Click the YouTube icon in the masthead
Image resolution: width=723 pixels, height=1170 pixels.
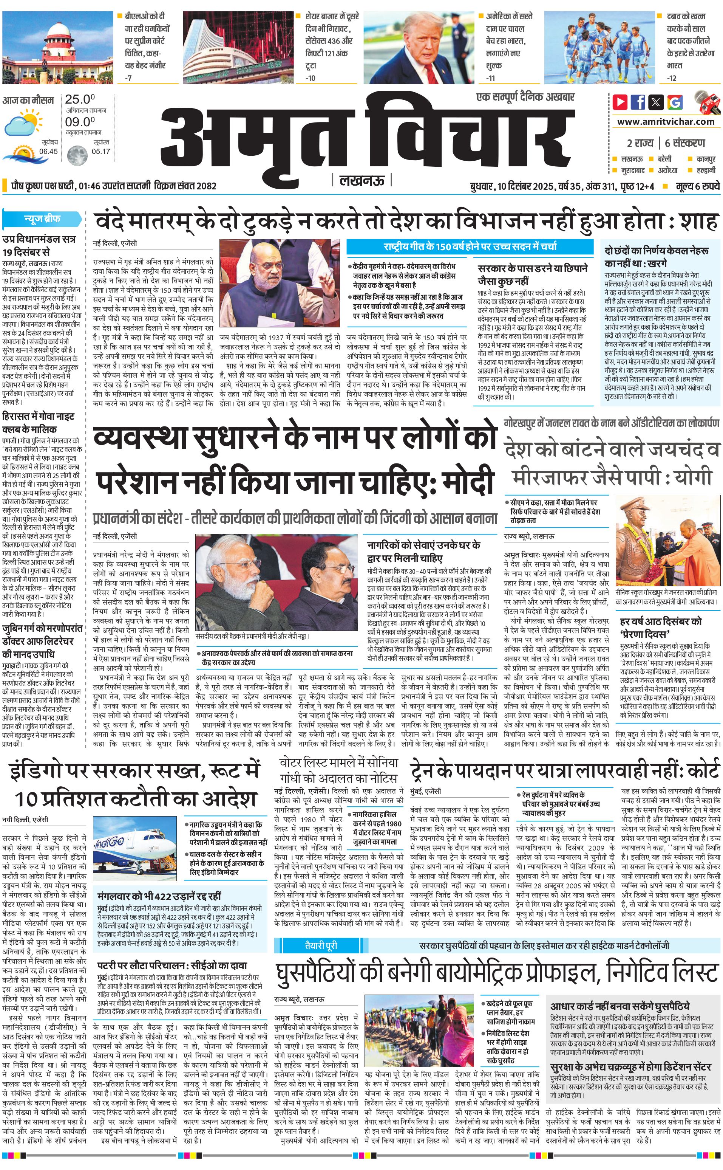[x=620, y=102]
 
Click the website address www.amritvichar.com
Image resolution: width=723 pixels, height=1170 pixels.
[x=666, y=122]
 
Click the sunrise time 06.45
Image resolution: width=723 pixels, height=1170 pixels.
[x=48, y=151]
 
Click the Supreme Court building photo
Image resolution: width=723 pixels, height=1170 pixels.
[x=57, y=47]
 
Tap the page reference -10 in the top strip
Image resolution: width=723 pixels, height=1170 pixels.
[x=311, y=78]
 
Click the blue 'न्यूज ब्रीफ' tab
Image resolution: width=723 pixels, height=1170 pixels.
[x=42, y=219]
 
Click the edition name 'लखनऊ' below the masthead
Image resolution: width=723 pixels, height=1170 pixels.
[x=362, y=180]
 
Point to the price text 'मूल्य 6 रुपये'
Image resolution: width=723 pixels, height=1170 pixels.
[x=697, y=186]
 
